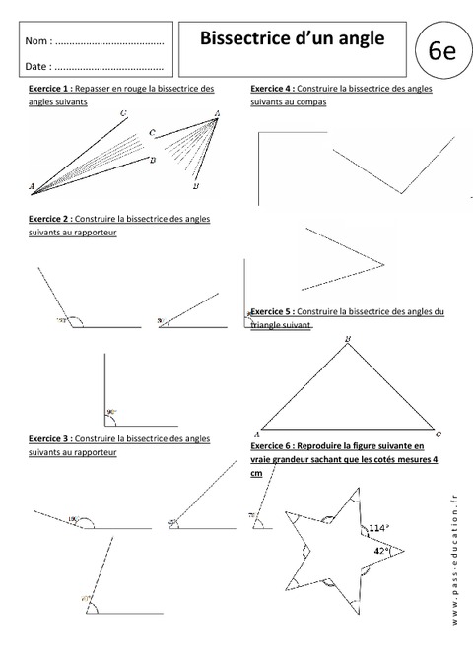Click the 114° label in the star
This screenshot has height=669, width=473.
[x=376, y=529]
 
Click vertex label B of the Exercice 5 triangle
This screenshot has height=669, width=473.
[x=347, y=342]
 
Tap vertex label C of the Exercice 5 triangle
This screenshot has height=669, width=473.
[x=438, y=434]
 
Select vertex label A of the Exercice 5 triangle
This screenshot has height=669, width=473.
[x=256, y=434]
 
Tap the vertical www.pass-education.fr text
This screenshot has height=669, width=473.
[x=457, y=563]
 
